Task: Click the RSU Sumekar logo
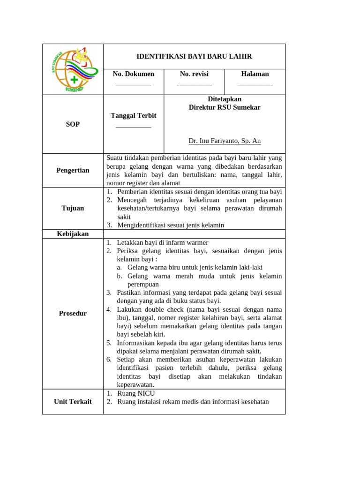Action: tap(73, 69)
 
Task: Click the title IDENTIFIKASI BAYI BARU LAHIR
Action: tap(194, 56)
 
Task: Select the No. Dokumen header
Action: tap(134, 74)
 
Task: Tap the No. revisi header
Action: tap(194, 74)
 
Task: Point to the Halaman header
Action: tap(255, 74)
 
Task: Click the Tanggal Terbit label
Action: tap(134, 115)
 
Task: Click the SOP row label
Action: tap(73, 124)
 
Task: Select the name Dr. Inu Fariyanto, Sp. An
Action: tap(225, 141)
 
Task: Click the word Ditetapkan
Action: tap(225, 99)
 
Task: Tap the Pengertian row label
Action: tap(73, 170)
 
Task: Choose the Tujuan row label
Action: tap(73, 208)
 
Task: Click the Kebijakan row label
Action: tap(73, 234)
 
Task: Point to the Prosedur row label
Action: tap(73, 313)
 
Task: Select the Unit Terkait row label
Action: tap(73, 401)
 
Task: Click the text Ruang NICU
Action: tap(136, 393)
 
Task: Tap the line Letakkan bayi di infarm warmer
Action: tap(162, 242)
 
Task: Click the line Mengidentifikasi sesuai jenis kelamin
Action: tap(171, 225)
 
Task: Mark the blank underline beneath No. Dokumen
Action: tap(134, 85)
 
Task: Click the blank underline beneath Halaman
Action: tap(255, 85)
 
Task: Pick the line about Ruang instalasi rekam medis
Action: tap(193, 402)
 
